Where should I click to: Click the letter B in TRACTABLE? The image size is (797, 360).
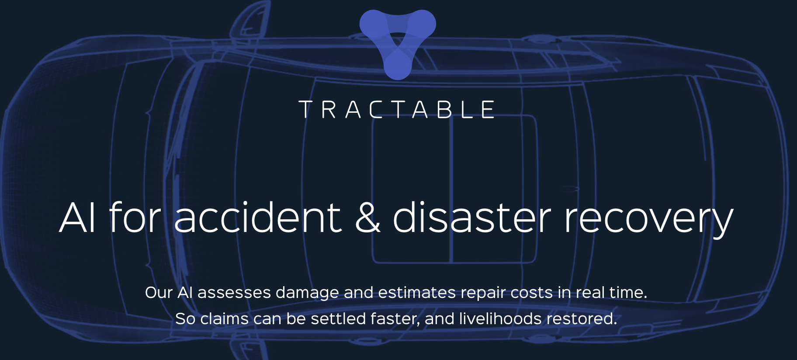point(444,110)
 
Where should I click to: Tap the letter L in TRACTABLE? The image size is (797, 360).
point(467,110)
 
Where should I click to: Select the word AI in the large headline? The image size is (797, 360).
point(77,218)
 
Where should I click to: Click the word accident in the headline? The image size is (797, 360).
point(257,218)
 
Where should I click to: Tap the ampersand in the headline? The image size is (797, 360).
point(367,218)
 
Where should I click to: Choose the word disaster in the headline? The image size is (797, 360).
point(472,218)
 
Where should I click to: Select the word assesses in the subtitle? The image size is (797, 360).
point(234,293)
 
